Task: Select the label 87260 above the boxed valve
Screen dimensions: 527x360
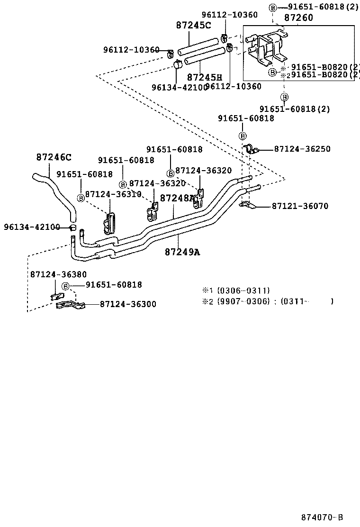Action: [298, 18]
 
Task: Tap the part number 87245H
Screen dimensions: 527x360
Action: [204, 77]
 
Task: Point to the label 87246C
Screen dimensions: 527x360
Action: [54, 157]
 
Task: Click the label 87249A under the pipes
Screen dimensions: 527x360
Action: [182, 252]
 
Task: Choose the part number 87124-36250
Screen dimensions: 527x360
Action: [302, 149]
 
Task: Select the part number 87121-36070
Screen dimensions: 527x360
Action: [300, 206]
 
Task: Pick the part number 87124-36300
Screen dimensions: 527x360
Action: [128, 304]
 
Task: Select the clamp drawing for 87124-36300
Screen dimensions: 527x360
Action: [70, 305]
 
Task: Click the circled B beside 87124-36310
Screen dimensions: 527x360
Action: [81, 198]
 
